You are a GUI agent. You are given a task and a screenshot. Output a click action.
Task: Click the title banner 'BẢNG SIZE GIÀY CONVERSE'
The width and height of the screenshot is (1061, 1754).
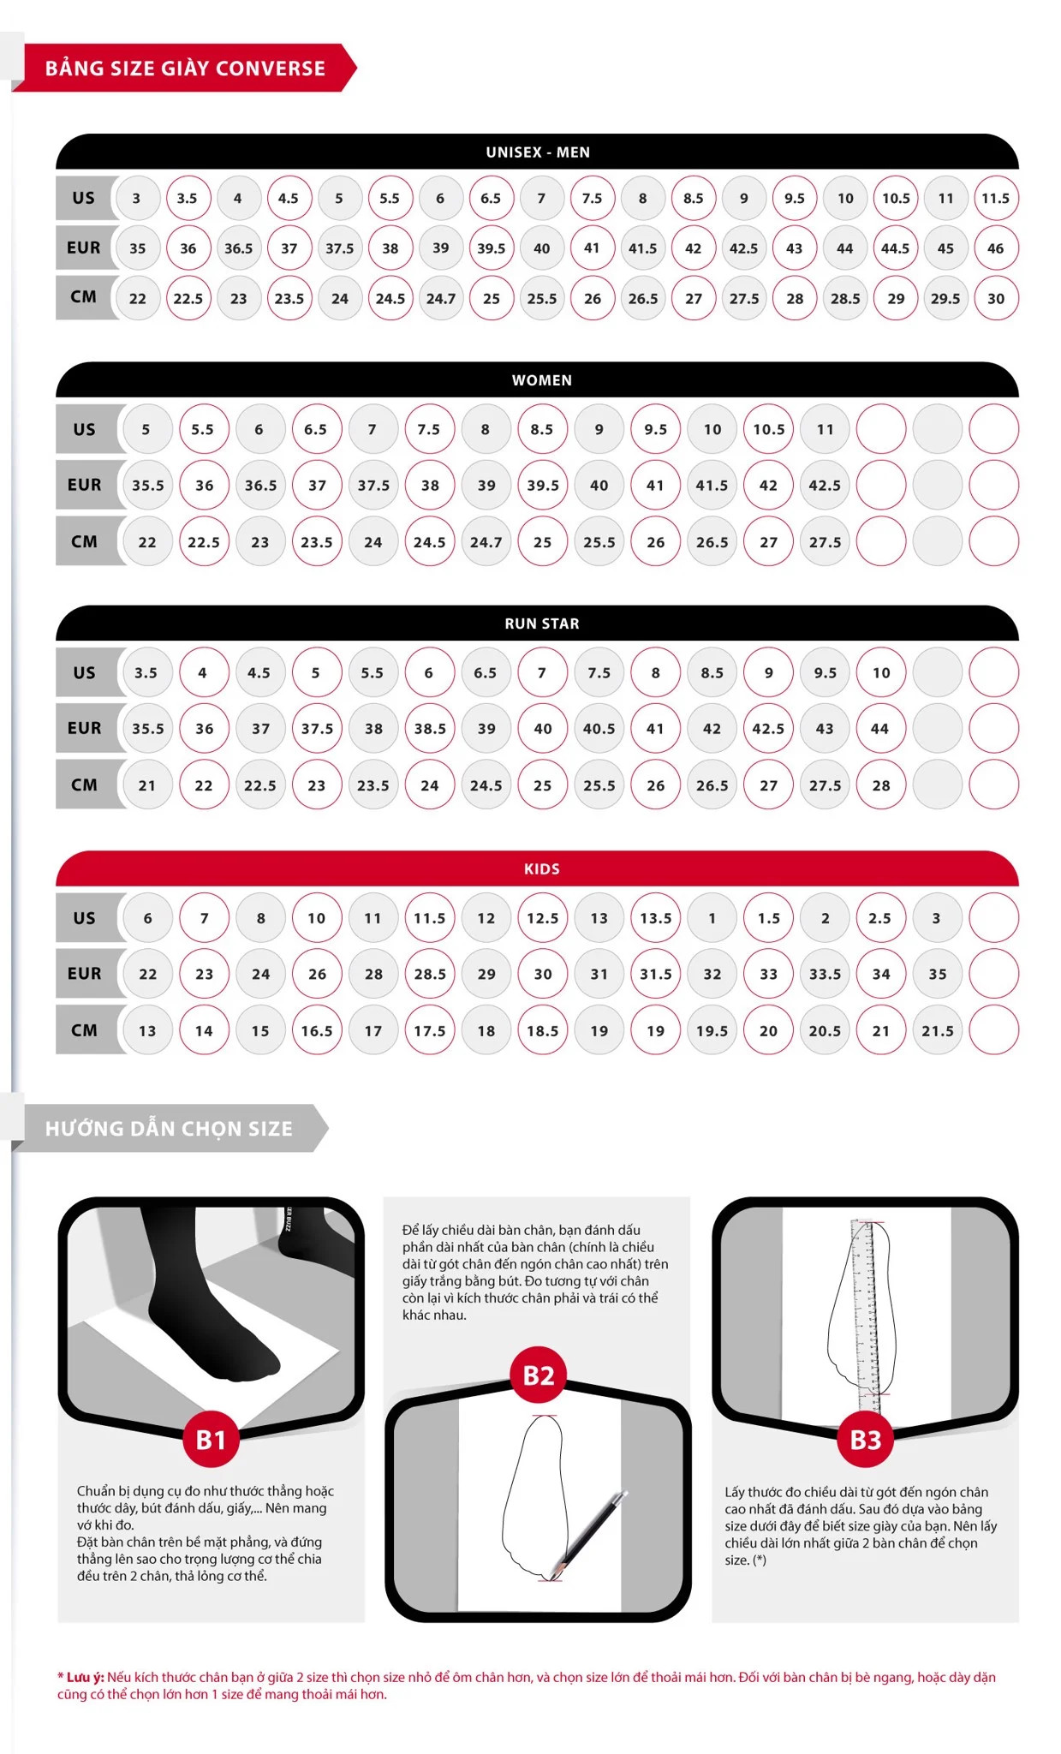tap(185, 68)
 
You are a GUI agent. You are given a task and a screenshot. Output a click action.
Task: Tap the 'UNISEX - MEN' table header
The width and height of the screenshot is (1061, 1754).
tap(538, 152)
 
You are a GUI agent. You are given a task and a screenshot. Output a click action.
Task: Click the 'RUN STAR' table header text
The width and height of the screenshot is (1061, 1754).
tap(542, 623)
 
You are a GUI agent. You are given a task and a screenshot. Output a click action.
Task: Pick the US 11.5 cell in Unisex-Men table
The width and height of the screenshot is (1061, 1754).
tap(995, 198)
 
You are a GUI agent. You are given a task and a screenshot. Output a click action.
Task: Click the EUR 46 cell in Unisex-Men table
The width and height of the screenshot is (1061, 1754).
tap(995, 248)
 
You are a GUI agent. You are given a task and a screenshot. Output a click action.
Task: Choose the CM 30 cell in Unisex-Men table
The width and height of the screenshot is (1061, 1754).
tap(995, 299)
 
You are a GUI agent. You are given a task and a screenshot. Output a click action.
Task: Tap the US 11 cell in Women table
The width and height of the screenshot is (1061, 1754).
tap(825, 429)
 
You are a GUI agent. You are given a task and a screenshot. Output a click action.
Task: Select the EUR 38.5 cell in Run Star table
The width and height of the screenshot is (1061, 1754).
tap(430, 729)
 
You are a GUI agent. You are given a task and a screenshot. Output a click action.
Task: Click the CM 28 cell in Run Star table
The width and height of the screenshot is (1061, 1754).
tap(881, 785)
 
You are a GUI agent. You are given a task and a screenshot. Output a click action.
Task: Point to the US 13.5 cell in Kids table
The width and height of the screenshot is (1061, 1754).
tap(656, 918)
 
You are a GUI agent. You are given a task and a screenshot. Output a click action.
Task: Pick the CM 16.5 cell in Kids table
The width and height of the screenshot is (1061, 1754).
tap(317, 1030)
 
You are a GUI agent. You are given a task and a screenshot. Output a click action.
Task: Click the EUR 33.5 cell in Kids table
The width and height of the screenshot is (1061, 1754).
tap(825, 974)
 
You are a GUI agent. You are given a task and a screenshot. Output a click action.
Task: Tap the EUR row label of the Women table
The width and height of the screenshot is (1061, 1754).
tap(85, 485)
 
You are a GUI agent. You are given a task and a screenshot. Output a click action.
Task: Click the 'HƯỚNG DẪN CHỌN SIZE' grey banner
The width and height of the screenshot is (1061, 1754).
tap(170, 1128)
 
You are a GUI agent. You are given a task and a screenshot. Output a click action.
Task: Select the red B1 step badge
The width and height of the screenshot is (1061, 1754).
tap(211, 1440)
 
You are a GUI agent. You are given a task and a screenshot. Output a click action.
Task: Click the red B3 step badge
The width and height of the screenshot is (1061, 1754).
tap(865, 1440)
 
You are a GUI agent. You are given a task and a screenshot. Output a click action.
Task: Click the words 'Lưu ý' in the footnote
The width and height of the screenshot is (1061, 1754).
tap(85, 1677)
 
